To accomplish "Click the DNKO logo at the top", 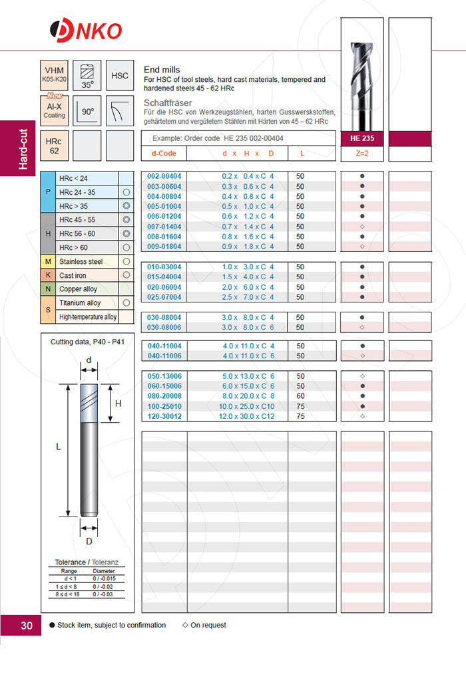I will pos(86,31).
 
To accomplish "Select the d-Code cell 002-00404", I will pos(164,176).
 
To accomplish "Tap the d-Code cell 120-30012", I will pos(164,416).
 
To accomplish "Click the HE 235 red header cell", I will pos(362,139).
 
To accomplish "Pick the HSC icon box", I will pos(120,76).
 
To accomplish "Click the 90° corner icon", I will pos(87,111).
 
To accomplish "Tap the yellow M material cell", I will pos(48,262).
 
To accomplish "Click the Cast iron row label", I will pos(73,275).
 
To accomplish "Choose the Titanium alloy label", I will pos(80,303).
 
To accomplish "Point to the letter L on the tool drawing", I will pos(59,447).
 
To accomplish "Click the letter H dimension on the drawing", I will pos(118,404).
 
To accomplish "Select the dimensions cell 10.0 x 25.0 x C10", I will pos(248,406).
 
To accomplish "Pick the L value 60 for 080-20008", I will pos(301,396).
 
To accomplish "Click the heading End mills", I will pos(162,70).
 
